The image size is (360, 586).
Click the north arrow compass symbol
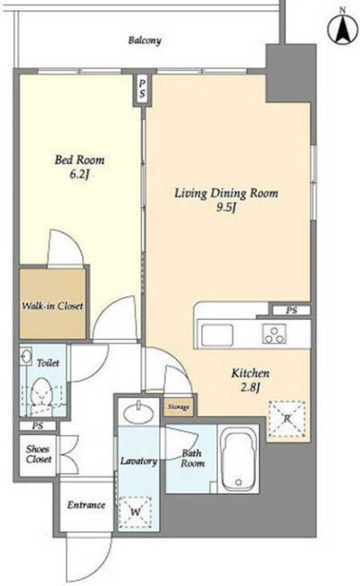pyautogui.click(x=342, y=29)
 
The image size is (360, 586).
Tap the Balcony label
pyautogui.click(x=145, y=40)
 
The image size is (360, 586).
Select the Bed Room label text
pyautogui.click(x=79, y=160)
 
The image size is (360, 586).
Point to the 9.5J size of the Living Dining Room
pyautogui.click(x=226, y=208)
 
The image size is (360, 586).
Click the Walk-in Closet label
pyautogui.click(x=53, y=306)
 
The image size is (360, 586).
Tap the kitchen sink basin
pyautogui.click(x=217, y=335)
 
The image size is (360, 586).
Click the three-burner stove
pyautogui.click(x=274, y=333)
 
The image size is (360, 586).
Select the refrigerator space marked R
pyautogui.click(x=286, y=419)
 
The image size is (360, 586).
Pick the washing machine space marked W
pyautogui.click(x=135, y=512)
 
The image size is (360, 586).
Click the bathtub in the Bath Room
pyautogui.click(x=238, y=458)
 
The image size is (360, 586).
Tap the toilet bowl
pyautogui.click(x=42, y=392)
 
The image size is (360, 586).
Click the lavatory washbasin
pyautogui.click(x=139, y=412)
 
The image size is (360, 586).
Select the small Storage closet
pyautogui.click(x=178, y=407)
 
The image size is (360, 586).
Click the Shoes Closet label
pyautogui.click(x=38, y=454)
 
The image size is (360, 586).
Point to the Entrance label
pyautogui.click(x=86, y=505)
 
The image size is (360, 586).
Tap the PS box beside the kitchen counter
pyautogui.click(x=292, y=311)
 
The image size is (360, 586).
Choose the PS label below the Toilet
pyautogui.click(x=38, y=426)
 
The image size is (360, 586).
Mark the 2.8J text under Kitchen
pyautogui.click(x=250, y=388)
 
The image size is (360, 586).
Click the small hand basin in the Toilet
pyautogui.click(x=26, y=355)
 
